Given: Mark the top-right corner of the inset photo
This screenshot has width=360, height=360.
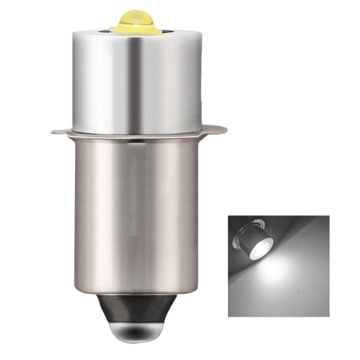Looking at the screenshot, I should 329,217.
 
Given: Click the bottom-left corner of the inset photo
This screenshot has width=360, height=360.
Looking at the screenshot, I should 229,316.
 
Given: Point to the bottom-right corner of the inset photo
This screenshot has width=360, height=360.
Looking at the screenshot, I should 329,316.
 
